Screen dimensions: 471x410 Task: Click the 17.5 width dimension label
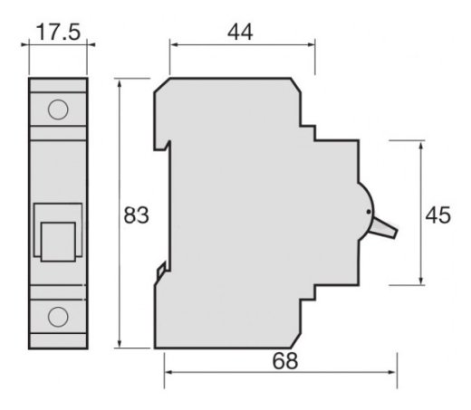[59, 32]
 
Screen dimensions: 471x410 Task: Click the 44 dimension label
[240, 33]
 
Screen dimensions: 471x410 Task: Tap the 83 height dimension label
[137, 215]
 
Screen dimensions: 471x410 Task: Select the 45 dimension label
[437, 215]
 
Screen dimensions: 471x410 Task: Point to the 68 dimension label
[285, 361]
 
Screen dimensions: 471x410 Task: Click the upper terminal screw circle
[58, 110]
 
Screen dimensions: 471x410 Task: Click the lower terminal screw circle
[58, 317]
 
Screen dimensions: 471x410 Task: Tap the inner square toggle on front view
[58, 242]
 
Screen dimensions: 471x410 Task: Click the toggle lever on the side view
[383, 228]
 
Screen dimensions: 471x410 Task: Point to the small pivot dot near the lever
[369, 212]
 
